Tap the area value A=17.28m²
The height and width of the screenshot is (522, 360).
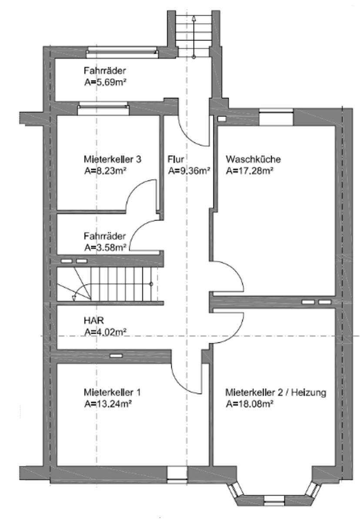249,171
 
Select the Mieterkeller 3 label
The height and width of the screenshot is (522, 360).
112,159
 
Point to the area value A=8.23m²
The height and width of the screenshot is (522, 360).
105,171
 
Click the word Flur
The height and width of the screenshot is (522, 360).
176,159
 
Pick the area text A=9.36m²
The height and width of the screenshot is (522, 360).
189,171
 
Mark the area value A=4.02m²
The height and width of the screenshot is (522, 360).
105,332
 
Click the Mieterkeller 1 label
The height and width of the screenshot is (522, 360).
112,392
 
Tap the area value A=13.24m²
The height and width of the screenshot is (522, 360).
107,404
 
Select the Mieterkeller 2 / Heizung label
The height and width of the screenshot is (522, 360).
276,392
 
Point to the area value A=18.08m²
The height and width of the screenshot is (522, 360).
249,404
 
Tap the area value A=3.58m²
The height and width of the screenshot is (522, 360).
105,248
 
